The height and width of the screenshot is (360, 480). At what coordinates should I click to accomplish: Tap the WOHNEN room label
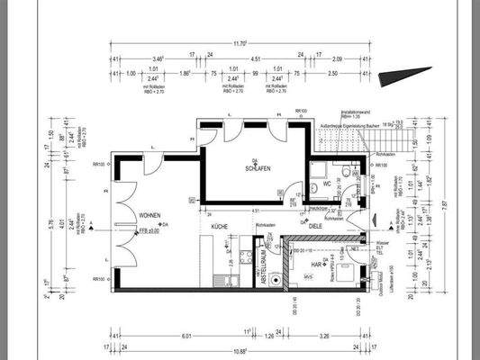(x=150, y=216)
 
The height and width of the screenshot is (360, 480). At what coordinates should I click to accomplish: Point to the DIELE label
(x=314, y=227)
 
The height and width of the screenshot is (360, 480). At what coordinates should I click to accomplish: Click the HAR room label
(x=318, y=265)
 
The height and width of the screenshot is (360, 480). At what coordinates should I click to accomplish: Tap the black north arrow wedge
(x=397, y=80)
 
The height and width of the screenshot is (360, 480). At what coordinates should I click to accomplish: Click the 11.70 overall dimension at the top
(x=241, y=42)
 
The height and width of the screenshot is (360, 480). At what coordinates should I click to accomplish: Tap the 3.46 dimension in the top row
(x=158, y=57)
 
